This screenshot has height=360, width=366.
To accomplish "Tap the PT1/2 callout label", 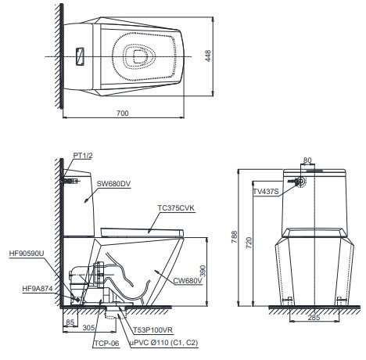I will (83, 157).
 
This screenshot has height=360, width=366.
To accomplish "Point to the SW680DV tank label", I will (114, 184).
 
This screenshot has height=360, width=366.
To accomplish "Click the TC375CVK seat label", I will (176, 208).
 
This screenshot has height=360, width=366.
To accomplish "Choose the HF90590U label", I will (27, 254).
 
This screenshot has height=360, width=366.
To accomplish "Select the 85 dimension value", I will (70, 321).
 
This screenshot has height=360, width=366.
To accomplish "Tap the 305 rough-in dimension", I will (89, 329).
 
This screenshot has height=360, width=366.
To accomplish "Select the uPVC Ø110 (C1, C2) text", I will (163, 343).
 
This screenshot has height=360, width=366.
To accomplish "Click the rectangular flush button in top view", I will (80, 56).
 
